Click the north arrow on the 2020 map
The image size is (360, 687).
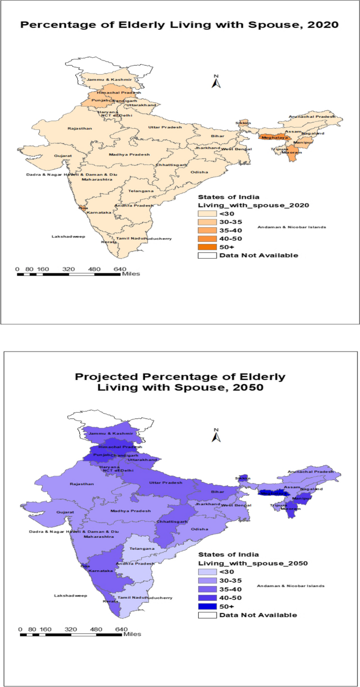click(x=215, y=81)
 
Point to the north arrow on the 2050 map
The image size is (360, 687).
click(x=215, y=436)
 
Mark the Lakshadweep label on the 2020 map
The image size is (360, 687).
click(x=65, y=237)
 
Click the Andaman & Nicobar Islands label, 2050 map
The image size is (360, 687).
click(x=291, y=586)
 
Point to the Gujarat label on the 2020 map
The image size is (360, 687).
click(x=63, y=156)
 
